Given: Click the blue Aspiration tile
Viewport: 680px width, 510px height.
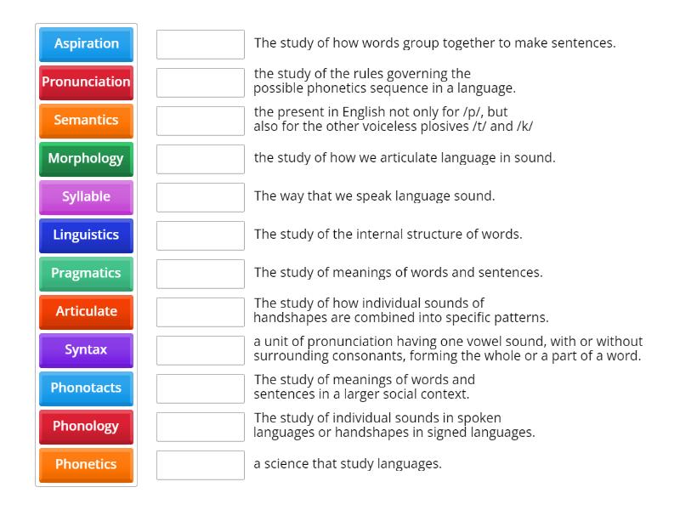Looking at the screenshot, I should coord(86,43).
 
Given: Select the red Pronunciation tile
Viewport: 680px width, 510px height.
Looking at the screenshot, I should coord(86,82).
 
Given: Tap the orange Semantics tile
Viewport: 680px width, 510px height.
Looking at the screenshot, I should coord(86,120).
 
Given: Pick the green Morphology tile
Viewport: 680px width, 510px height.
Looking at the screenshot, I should coord(86,158).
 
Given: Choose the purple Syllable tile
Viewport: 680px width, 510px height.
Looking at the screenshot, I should coord(86,196).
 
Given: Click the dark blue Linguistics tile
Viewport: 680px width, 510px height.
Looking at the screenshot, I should coord(86,235).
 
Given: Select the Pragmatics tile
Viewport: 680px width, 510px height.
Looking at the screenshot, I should coord(86,273).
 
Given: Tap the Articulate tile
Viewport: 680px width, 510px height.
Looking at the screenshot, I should coord(86,311).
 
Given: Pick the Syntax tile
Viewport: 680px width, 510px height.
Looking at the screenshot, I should coord(86,349).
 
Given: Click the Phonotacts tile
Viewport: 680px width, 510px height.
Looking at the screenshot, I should coord(86,388).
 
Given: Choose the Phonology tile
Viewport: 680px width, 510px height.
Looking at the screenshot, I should coord(86,426).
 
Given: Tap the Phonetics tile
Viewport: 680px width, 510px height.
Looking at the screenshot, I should coord(86,464).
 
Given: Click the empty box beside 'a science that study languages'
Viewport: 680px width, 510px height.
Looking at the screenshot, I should coord(201,465).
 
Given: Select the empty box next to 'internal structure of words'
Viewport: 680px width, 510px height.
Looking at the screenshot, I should coord(201,235).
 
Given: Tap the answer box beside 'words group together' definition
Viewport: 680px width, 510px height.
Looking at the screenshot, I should coord(201,44).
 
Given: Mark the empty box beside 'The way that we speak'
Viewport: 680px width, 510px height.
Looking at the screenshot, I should coord(201,197).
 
